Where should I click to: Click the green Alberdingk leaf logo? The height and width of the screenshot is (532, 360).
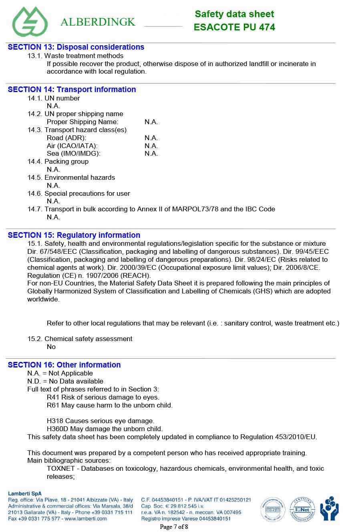pos(30,21)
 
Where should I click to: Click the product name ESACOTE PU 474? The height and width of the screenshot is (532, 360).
pos(234,27)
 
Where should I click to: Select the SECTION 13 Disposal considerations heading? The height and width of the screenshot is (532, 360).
pos(76,47)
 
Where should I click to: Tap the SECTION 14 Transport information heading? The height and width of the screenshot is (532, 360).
pos(72,89)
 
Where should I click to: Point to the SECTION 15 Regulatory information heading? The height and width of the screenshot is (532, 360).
pos(74,235)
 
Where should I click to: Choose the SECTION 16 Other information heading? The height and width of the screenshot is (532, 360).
pos(64,365)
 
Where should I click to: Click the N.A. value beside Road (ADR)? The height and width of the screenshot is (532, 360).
pos(151,138)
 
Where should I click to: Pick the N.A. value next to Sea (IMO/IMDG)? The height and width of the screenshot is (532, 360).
pos(151,153)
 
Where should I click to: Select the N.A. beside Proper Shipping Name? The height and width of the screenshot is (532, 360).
pos(151,122)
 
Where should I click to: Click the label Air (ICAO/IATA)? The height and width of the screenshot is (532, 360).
pos(72,146)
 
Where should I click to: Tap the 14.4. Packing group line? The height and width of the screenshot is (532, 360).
pos(58,161)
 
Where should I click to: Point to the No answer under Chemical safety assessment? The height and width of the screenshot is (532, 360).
pos(51,347)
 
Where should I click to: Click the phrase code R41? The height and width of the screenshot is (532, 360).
pos(53,397)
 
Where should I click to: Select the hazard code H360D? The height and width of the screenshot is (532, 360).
pos(57,429)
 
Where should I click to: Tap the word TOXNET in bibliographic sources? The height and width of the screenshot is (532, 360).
pos(60,468)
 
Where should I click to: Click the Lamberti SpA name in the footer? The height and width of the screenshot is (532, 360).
pos(24,494)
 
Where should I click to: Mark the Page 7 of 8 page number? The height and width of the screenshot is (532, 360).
pos(174,526)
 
